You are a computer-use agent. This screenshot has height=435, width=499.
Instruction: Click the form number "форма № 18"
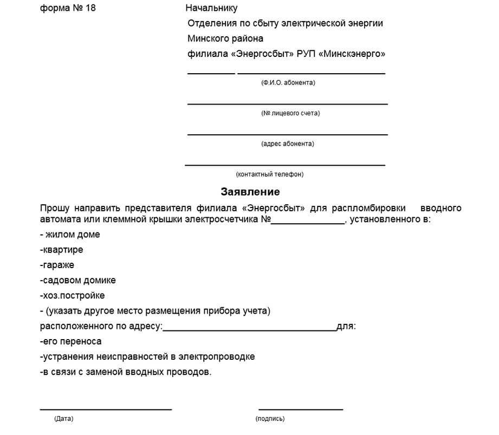[x=68, y=8]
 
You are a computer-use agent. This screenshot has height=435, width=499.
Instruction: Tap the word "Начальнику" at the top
[x=211, y=8]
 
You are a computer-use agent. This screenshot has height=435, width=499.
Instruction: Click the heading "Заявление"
[x=250, y=192]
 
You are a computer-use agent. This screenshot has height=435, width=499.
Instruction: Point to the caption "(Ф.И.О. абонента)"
[x=288, y=83]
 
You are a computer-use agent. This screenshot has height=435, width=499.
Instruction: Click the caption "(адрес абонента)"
[x=287, y=144]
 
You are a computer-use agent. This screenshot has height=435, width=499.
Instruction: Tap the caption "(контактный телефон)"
[x=270, y=174]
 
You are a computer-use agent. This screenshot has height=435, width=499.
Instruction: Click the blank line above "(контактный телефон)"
[x=285, y=164]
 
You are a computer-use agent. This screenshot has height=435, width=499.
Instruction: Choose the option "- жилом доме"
[x=70, y=235]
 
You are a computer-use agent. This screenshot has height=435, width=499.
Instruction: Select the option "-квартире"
[x=61, y=250]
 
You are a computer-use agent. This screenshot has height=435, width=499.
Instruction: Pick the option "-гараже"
[x=57, y=265]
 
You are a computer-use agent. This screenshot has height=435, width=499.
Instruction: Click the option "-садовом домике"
[x=77, y=281]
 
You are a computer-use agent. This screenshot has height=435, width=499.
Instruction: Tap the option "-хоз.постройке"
[x=72, y=296]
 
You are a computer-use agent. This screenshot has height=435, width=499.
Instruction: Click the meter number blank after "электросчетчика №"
[x=307, y=222]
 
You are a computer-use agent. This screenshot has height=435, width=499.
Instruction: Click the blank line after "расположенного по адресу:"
[x=249, y=329]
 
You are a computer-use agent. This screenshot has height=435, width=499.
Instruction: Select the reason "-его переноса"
[x=70, y=342]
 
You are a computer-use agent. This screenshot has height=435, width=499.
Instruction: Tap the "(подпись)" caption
[x=269, y=419]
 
